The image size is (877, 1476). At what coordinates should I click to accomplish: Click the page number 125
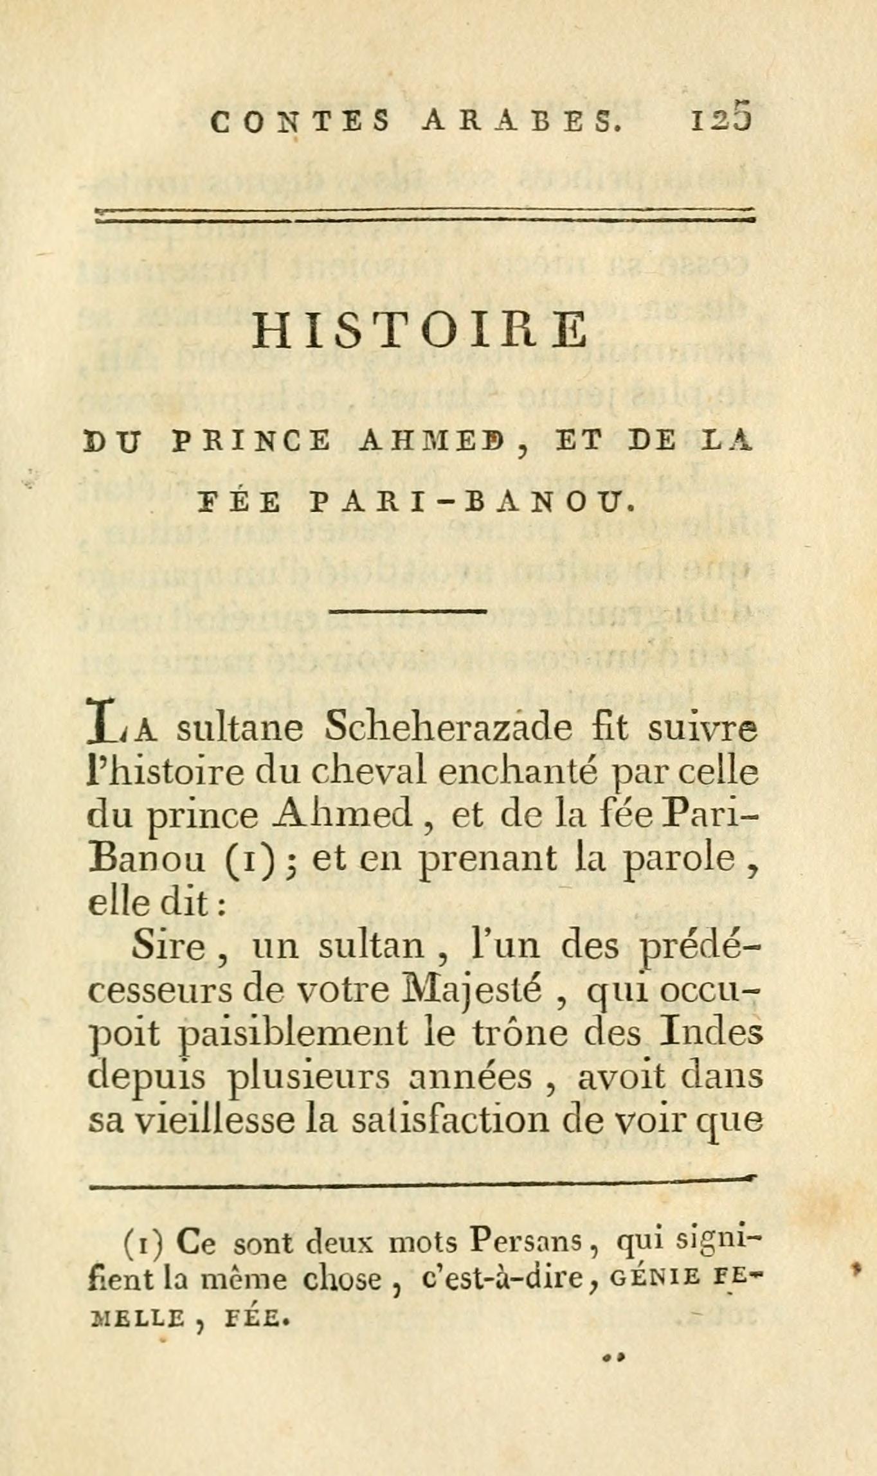pos(720,120)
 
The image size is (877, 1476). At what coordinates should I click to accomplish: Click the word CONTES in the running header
pos(300,121)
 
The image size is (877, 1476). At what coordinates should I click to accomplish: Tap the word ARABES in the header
pos(522,121)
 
